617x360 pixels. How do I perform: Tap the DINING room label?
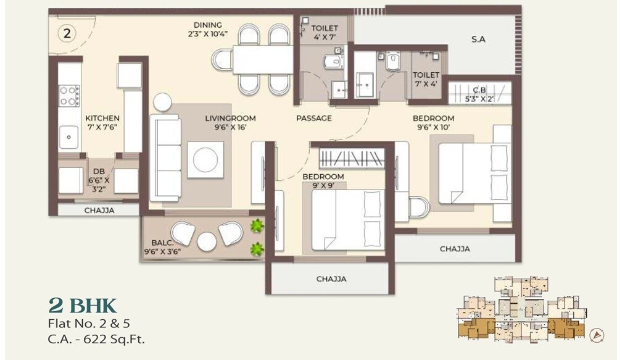pyautogui.click(x=207, y=30)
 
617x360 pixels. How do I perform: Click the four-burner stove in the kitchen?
pyautogui.click(x=69, y=96)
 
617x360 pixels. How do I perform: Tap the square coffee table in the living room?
pyautogui.click(x=205, y=159)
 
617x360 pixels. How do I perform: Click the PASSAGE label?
pyautogui.click(x=313, y=118)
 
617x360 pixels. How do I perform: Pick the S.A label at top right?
pyautogui.click(x=478, y=39)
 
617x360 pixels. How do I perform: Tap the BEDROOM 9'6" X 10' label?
pyautogui.click(x=433, y=122)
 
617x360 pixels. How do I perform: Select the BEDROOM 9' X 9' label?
pyautogui.click(x=323, y=180)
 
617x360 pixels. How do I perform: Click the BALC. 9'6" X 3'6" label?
pyautogui.click(x=158, y=247)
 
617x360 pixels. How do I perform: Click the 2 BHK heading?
pyautogui.click(x=82, y=306)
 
